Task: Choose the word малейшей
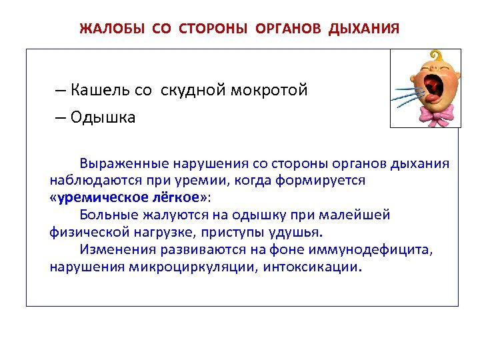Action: (x=357, y=215)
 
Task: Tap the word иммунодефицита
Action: (x=379, y=250)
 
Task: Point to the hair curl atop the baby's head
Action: (x=437, y=55)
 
